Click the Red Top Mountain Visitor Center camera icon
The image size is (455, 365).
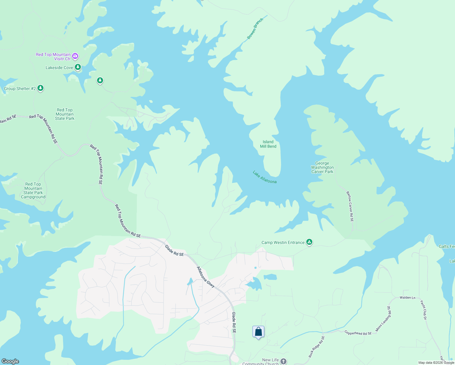75,56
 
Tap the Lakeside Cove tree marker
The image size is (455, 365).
78,67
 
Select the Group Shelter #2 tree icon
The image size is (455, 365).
40,88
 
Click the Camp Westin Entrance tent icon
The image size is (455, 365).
309,242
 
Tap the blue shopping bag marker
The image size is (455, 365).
258,332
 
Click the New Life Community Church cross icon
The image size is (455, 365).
283,361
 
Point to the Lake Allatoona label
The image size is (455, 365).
265,177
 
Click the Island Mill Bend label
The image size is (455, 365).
268,144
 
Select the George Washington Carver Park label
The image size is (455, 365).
322,168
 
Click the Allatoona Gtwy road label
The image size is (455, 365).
206,277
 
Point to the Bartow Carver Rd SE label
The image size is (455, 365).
350,206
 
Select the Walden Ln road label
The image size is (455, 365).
407,297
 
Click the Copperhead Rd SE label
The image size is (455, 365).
358,333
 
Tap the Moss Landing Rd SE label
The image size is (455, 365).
383,319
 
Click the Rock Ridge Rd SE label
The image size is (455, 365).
317,347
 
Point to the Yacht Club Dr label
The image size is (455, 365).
423,310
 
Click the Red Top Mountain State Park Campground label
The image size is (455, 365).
33,190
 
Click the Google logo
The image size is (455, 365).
10,361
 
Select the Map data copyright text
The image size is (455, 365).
436,363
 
